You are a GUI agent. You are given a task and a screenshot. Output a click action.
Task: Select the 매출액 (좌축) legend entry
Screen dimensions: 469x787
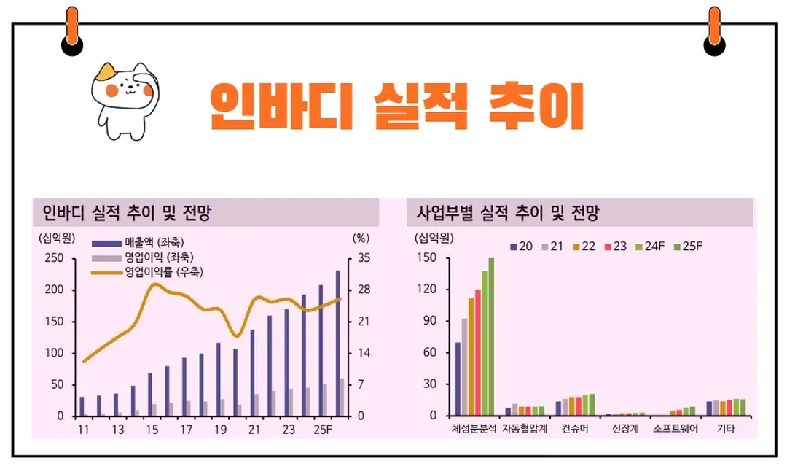tap(145, 242)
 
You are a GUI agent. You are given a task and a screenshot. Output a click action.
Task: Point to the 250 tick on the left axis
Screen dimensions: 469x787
tap(55, 258)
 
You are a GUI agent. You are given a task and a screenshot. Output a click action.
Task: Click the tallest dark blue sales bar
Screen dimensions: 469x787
tap(337, 343)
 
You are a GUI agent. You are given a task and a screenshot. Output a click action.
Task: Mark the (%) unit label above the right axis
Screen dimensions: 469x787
tap(361, 237)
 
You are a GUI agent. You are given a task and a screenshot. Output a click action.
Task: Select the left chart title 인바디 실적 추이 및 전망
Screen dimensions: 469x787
tap(127, 213)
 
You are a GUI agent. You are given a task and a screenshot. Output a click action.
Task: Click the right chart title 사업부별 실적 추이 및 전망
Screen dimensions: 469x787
tap(508, 213)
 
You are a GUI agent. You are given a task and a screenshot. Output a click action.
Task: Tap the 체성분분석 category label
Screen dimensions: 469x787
tap(474, 429)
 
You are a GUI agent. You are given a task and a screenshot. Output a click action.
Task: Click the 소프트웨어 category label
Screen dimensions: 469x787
tap(676, 429)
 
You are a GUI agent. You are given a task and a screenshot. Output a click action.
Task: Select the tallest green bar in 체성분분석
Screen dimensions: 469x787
tap(491, 336)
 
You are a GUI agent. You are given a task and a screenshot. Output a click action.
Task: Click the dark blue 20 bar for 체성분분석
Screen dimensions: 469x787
tap(458, 379)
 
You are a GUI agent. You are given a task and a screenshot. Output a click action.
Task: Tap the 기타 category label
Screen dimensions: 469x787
tap(726, 429)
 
